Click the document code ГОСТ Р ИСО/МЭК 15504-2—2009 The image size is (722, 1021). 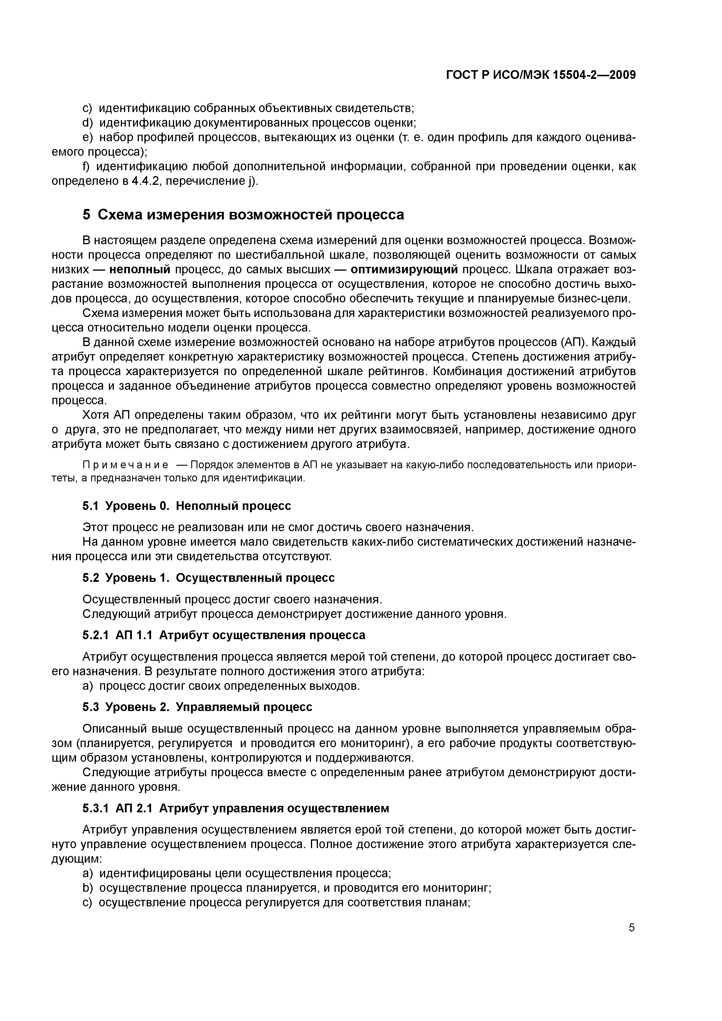pyautogui.click(x=541, y=75)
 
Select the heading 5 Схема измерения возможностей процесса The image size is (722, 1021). pyautogui.click(x=243, y=215)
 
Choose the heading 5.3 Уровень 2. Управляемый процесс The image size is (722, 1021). pyautogui.click(x=197, y=707)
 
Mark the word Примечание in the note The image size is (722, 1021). pyautogui.click(x=126, y=465)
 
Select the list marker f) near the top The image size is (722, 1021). pyautogui.click(x=86, y=167)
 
